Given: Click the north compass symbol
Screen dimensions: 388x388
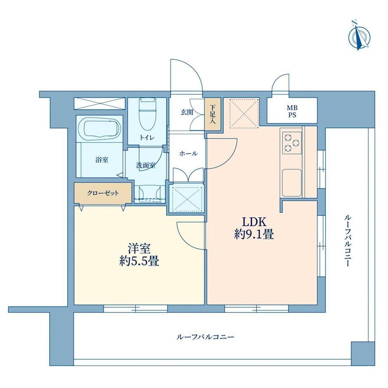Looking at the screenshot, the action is [359, 37].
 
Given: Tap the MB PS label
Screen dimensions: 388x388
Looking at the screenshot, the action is [292, 111].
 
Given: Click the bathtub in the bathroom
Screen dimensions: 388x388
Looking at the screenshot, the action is [100, 129].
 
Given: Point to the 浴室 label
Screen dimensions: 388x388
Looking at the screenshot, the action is [102, 159].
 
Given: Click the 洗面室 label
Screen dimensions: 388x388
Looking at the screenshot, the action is [146, 165].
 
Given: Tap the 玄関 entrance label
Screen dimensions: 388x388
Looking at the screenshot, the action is [187, 113].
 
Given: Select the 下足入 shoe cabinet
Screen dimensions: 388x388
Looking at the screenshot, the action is [213, 114].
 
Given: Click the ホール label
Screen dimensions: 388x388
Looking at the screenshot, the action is [189, 154].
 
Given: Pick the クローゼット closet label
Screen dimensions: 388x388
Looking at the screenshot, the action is [102, 193].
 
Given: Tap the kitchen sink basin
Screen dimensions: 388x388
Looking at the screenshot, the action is [292, 183].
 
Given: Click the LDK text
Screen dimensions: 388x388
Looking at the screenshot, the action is [254, 222].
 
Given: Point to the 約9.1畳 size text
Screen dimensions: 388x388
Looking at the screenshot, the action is [254, 234].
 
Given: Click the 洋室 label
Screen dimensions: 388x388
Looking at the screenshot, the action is [139, 248].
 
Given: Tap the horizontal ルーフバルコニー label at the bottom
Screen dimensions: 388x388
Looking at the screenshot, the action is [205, 337].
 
